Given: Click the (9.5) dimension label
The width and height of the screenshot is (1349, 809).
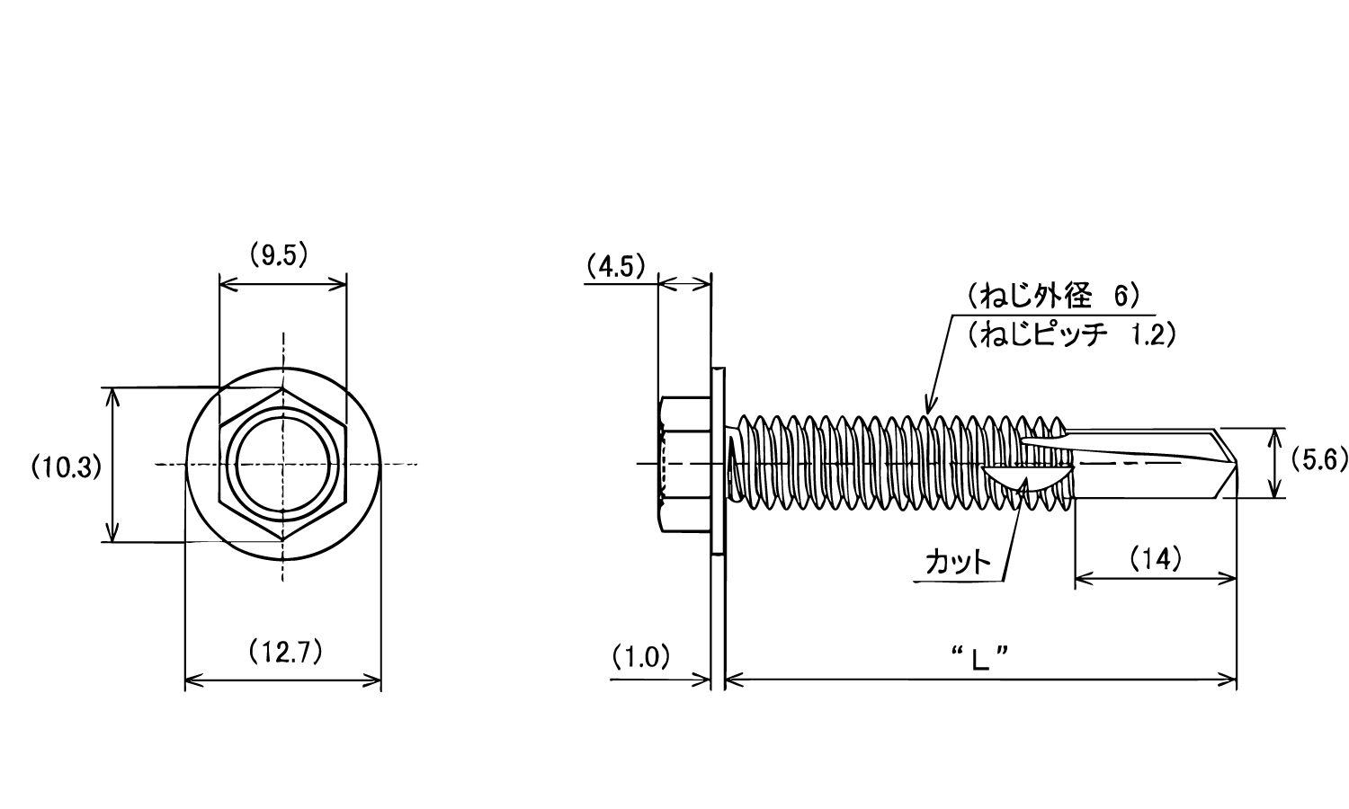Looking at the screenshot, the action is coord(279,256).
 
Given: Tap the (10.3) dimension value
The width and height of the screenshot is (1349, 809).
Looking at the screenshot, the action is coord(67,467).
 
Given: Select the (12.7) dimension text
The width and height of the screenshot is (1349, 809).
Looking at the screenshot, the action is coord(285,652).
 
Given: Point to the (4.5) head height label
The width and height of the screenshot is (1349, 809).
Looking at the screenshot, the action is coord(616,267).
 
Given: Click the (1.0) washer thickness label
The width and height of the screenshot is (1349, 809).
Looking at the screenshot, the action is coord(640,657).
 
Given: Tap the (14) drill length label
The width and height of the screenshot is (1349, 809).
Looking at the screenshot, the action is coord(1155,559).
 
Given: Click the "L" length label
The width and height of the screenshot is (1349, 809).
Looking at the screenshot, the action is coord(981,658).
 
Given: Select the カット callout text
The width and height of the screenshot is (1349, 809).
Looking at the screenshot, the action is coord(958,563).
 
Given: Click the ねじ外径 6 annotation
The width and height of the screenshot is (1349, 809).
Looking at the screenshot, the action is coord(1055,297).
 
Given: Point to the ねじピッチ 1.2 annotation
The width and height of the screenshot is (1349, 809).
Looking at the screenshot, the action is coord(1072,334).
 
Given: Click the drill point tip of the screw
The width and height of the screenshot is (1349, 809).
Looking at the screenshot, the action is coord(1236,463).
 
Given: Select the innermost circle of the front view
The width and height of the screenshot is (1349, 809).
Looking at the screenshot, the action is coord(283,464).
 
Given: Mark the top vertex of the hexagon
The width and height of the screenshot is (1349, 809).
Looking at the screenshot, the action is coord(282,388).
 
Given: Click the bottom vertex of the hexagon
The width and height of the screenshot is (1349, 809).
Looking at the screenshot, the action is coord(282,540).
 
